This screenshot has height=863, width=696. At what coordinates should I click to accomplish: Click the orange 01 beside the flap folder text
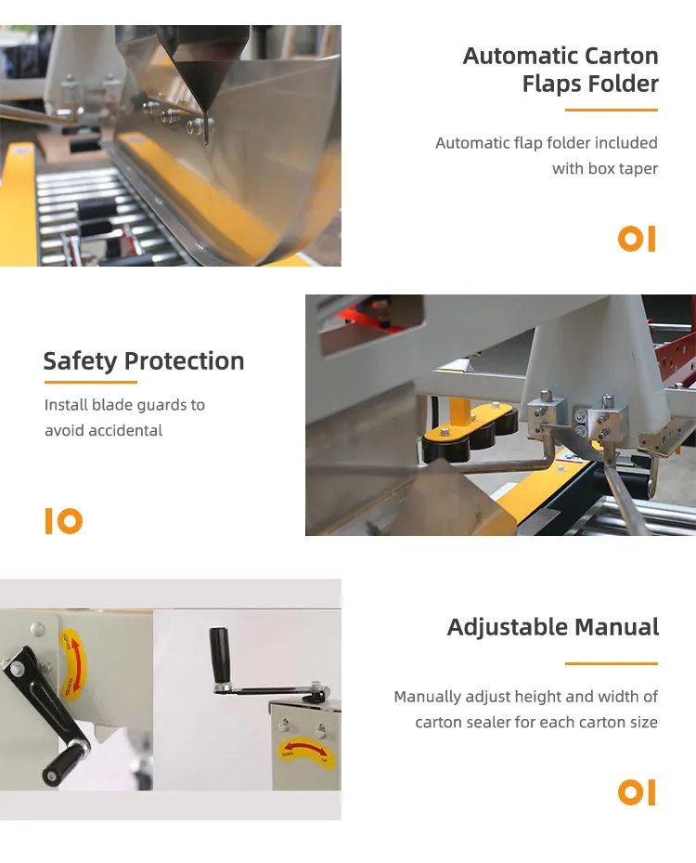637,239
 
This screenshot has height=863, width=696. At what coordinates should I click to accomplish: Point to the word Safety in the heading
80,360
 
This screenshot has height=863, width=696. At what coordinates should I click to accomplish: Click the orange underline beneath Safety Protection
90,382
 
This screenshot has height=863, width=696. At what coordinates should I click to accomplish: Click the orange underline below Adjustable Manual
611,663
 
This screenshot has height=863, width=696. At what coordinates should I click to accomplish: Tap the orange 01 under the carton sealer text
637,792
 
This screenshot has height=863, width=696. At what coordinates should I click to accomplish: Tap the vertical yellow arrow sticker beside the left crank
70,663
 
